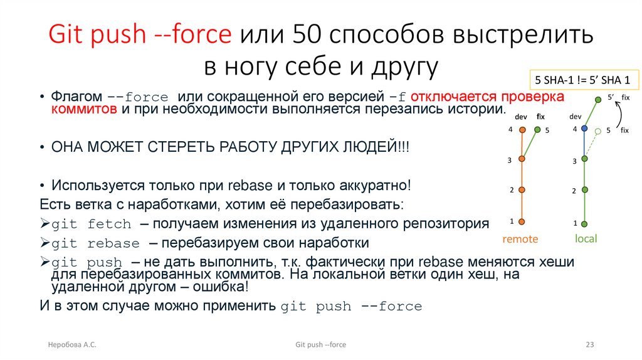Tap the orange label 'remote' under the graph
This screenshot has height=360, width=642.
point(520,239)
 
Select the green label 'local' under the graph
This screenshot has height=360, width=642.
point(586,239)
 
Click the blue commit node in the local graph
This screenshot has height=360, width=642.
point(584,129)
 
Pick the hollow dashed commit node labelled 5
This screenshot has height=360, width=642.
point(598,131)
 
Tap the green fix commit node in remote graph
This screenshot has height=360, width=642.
point(538,130)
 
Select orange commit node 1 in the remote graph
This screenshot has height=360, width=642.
point(522,221)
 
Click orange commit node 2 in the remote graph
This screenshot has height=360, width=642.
point(522,189)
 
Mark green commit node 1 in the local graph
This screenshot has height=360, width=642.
point(584,223)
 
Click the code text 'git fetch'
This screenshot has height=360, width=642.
point(91,225)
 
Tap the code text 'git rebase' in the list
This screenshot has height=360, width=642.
point(95,243)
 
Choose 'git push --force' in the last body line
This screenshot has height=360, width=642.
point(351,307)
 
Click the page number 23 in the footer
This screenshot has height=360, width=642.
point(589,345)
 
